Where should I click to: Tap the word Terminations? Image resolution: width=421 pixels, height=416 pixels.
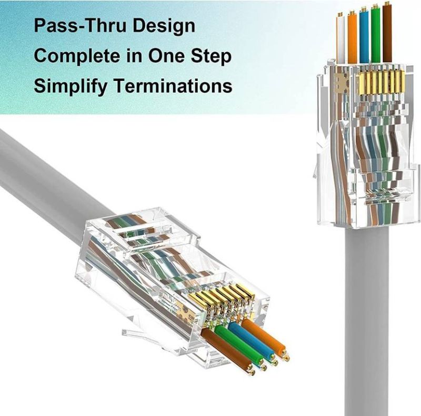(x=175, y=86)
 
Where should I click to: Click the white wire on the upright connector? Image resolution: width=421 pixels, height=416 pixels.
(x=341, y=39)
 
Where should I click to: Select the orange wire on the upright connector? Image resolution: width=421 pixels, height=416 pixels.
(x=352, y=37)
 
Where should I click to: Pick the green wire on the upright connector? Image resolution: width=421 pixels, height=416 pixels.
(x=375, y=34)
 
